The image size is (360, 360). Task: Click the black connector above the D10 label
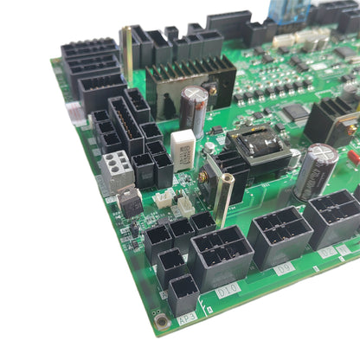(x=220, y=256)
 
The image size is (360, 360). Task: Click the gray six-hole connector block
(x=118, y=170)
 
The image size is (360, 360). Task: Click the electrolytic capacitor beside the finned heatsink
(x=194, y=110)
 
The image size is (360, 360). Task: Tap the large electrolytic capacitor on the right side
(x=316, y=170)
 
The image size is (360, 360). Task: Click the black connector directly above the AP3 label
(x=183, y=292)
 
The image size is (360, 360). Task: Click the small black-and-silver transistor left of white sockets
(x=130, y=201)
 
